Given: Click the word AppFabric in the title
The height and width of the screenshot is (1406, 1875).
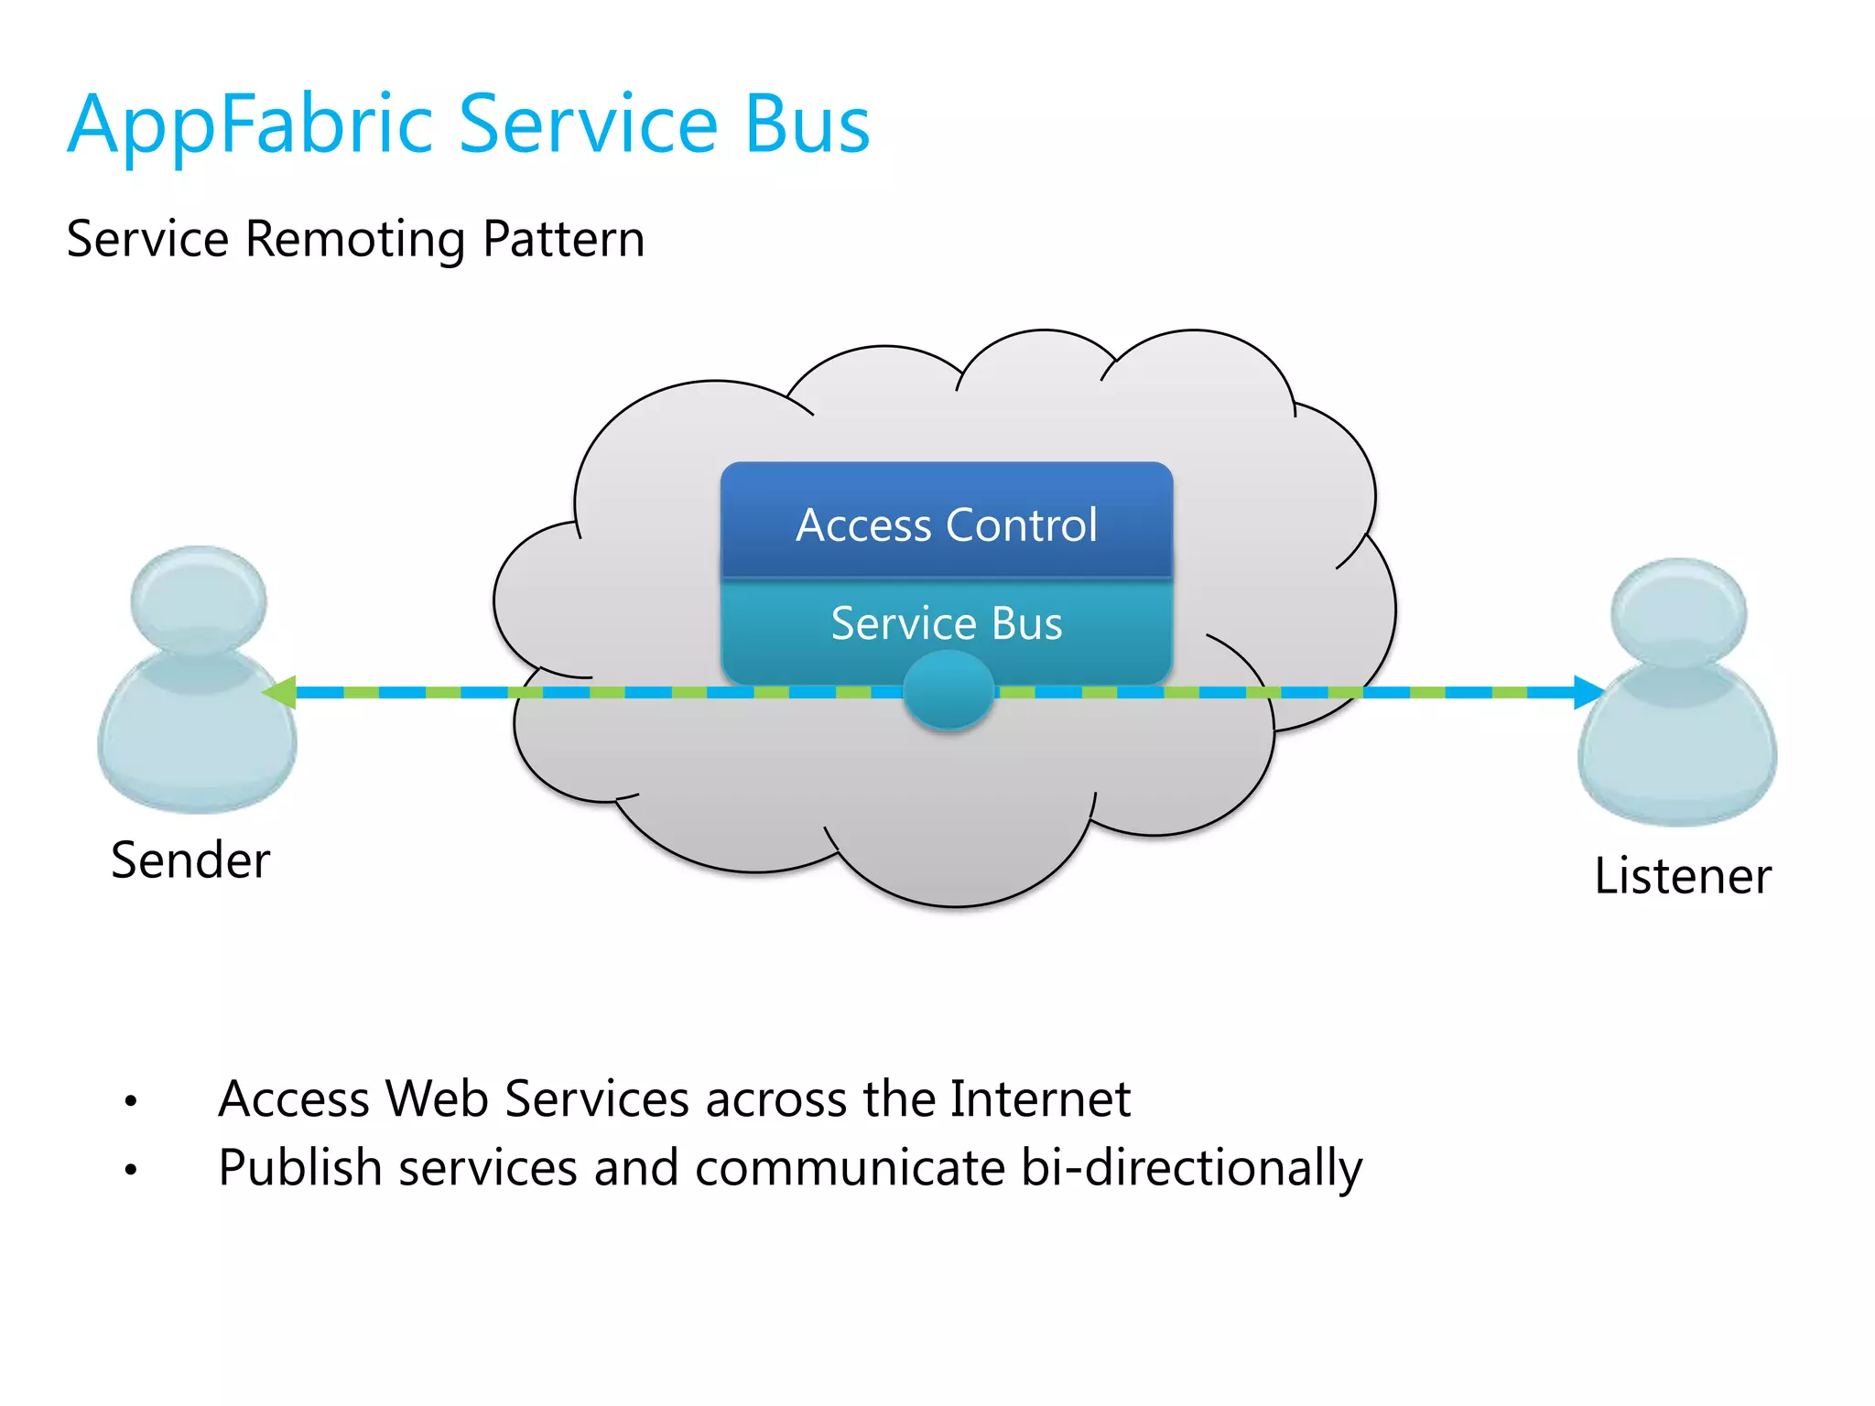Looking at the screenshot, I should tap(249, 125).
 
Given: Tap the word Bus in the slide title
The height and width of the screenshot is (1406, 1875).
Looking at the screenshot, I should tap(807, 125).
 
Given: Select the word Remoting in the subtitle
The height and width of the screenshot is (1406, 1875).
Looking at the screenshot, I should tap(356, 240).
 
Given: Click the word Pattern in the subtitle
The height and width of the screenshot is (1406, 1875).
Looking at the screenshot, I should tap(563, 240).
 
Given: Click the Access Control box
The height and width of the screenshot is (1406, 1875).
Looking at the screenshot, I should tap(946, 525).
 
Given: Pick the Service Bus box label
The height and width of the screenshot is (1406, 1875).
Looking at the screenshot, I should tap(946, 623).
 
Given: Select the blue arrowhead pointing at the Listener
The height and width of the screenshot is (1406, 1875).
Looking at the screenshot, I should tap(1588, 692).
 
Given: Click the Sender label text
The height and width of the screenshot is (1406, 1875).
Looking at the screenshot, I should tap(190, 860).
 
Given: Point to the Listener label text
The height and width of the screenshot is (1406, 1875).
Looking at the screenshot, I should tap(1682, 876).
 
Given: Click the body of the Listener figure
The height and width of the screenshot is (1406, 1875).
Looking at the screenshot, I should tap(1677, 751).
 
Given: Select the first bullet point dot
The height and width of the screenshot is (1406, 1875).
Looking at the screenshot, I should tap(131, 1100).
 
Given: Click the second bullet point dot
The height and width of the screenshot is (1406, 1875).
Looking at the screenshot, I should tap(131, 1169).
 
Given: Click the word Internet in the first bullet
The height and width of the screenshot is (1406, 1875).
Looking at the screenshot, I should tap(1040, 1098).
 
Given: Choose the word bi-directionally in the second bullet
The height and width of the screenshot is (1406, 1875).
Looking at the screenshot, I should tap(1191, 1169).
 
